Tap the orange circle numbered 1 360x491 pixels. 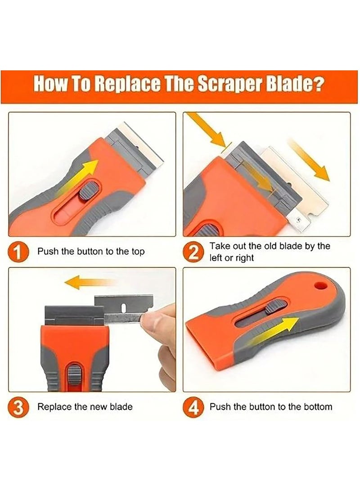(x=18, y=252)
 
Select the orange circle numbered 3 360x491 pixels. (x=18, y=407)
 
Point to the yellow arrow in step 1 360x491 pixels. (x=78, y=177)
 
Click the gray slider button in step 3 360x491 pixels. (x=74, y=374)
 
